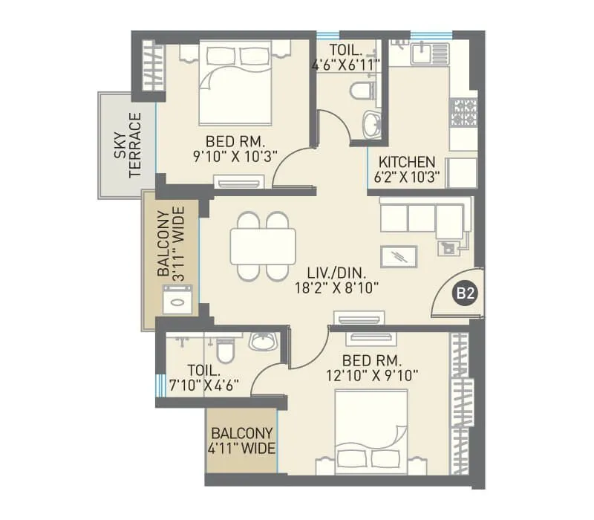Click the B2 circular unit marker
465,293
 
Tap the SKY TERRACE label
127,145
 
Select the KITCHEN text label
407,162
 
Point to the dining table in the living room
263,246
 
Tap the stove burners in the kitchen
464,112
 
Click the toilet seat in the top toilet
362,93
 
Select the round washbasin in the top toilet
370,123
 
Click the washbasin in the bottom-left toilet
262,342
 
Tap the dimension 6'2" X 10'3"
408,178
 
